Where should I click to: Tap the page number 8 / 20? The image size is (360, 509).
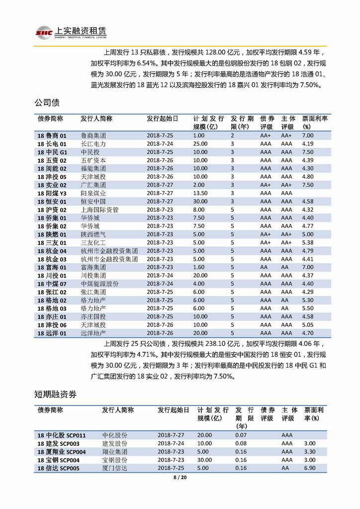[180, 478]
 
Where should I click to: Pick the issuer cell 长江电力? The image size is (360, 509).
[93, 144]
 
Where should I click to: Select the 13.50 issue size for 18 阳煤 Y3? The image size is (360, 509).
[200, 193]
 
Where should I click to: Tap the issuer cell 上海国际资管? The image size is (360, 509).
[99, 209]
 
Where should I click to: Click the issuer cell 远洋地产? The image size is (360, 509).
[93, 333]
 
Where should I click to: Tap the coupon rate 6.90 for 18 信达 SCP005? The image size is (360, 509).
[310, 468]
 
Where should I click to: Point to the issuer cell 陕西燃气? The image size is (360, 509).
[93, 234]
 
